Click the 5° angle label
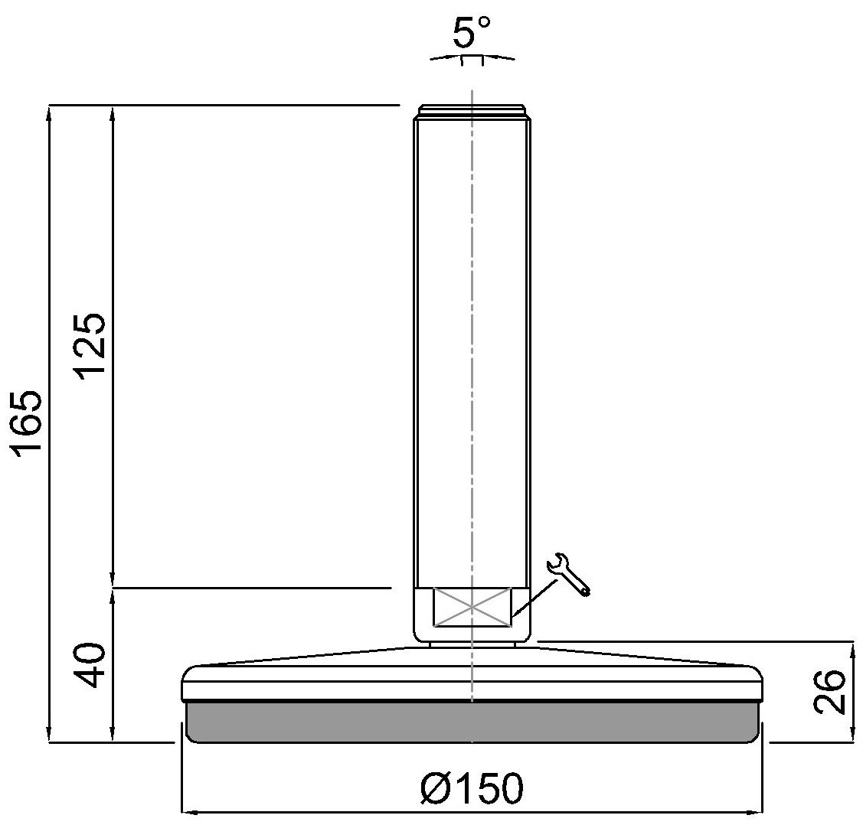[x=471, y=32]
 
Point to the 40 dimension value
[x=90, y=665]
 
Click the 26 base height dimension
[x=829, y=692]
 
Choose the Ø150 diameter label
[x=472, y=788]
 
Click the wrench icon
[x=568, y=574]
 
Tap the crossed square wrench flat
[x=472, y=607]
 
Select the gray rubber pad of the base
[x=472, y=722]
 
